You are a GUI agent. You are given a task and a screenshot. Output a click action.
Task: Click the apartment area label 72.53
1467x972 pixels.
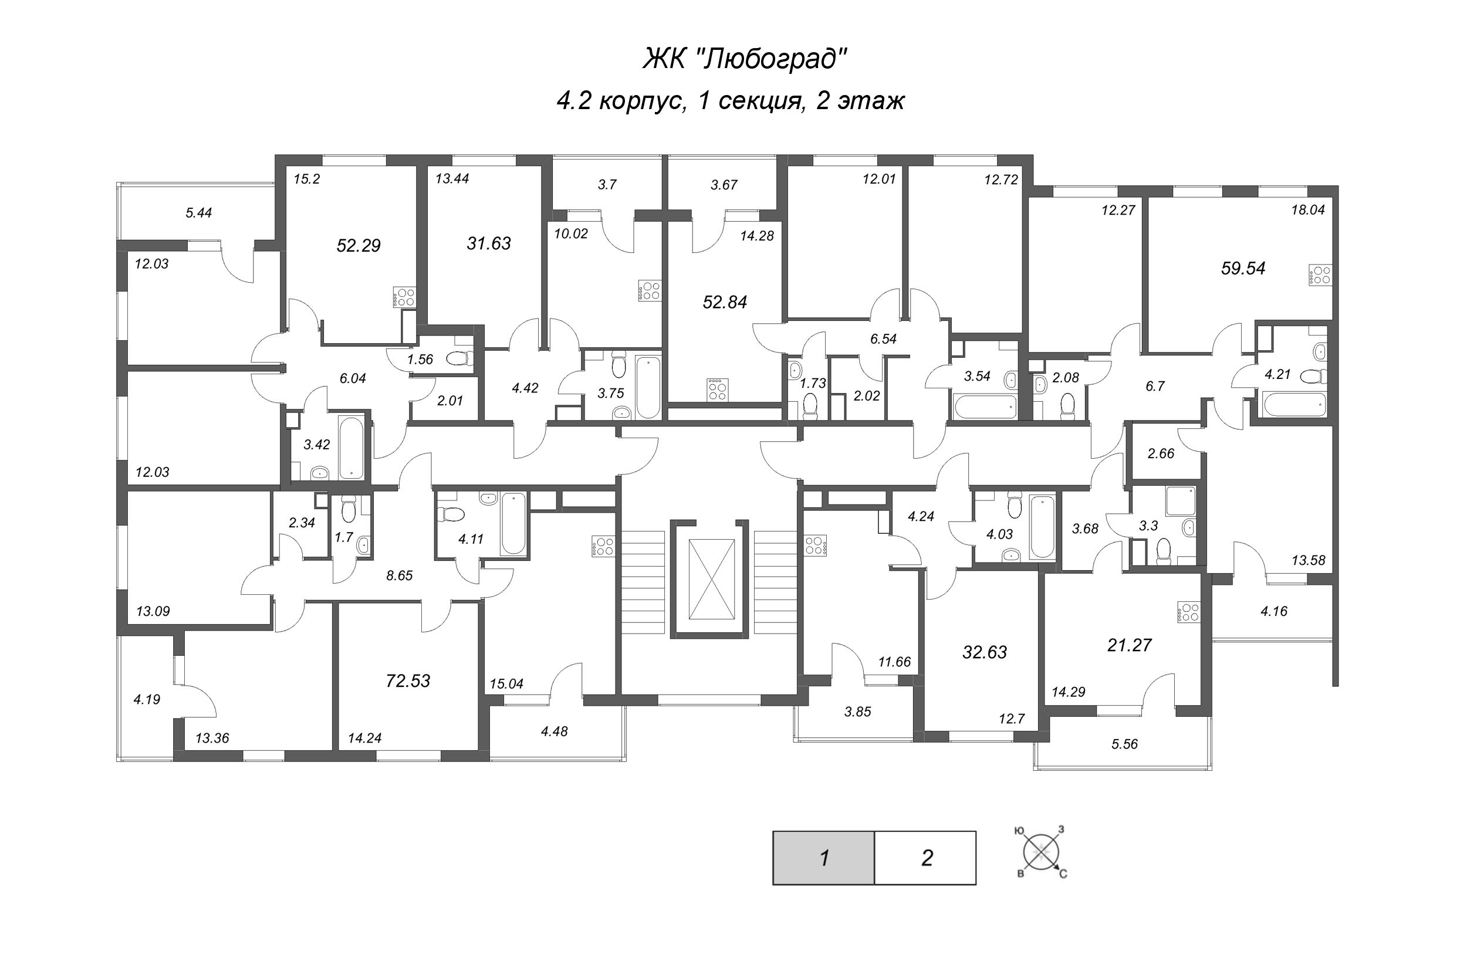pos(408,680)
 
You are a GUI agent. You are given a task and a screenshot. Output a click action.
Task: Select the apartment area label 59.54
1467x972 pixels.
pos(1243,269)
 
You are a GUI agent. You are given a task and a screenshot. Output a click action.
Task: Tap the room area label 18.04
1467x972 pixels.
pos(1307,209)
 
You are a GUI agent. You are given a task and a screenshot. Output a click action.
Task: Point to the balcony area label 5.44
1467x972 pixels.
pos(198,212)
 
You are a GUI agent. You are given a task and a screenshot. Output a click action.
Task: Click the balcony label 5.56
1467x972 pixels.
pos(1124,744)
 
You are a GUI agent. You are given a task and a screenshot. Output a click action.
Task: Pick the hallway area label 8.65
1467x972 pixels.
pos(399,575)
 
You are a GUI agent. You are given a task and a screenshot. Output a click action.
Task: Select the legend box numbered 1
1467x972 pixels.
pos(823,858)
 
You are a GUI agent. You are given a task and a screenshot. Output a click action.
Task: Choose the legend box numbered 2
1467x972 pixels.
pos(926,858)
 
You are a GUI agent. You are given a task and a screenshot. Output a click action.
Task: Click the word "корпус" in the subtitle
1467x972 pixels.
pos(642,100)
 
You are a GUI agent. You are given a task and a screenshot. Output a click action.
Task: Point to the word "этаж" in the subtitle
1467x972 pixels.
pos(871,100)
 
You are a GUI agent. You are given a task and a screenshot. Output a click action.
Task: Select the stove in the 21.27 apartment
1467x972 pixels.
pos(1189,612)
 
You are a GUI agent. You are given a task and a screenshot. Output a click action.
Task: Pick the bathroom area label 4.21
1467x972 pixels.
pos(1277,374)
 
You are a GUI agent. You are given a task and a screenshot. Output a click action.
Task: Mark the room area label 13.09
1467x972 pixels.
pos(153,611)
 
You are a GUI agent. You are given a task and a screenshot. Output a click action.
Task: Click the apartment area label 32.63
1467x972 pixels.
pos(985,652)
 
